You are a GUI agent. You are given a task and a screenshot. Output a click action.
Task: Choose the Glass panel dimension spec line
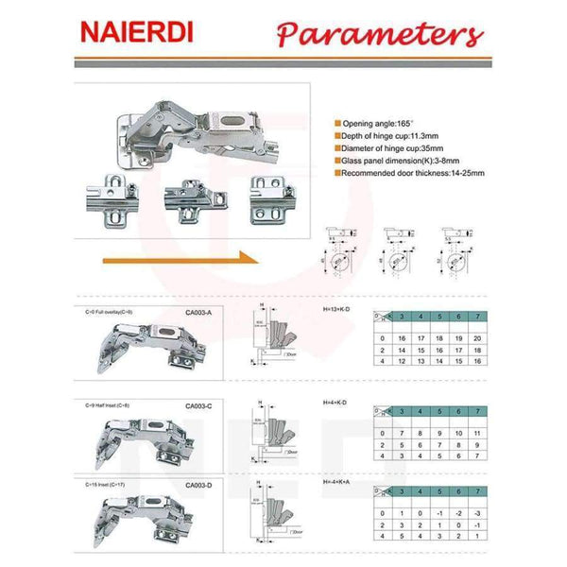(x=397, y=162)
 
